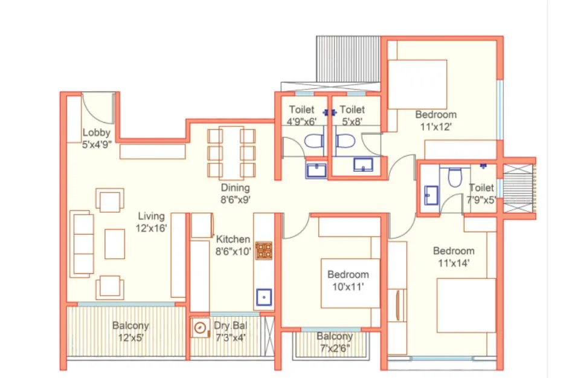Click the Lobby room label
pos(96,138)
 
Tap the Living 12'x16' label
pos(151,222)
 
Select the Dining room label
pos(235,194)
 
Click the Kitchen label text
pos(233,240)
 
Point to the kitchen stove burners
pos(263,250)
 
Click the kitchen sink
pos(264,297)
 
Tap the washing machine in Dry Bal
pos(200,328)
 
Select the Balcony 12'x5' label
pos(130,331)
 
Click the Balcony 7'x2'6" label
pos(335,342)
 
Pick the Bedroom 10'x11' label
pos(348,280)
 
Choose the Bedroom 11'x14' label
pos(454,257)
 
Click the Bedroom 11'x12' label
pos(435,120)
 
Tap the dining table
pos(231,153)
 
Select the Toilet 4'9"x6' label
pos(301,115)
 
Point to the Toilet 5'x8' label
pos(352,115)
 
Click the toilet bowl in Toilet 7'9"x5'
pos(455,177)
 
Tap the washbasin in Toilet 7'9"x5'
pos(431,195)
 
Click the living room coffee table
pos(115,244)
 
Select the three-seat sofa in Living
pos(82,244)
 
